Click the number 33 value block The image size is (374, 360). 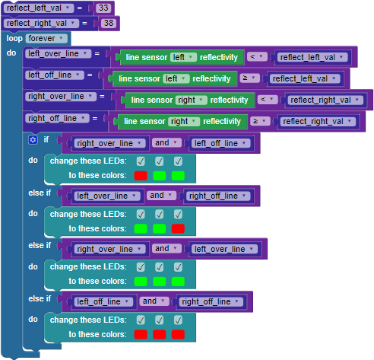tap(103, 8)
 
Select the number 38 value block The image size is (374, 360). tap(109, 23)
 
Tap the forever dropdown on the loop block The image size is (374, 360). tap(46, 38)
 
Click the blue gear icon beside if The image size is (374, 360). tap(33, 140)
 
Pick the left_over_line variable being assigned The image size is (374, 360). tap(58, 53)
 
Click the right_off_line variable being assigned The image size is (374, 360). tap(57, 118)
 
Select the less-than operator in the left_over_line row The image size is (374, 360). tap(257, 57)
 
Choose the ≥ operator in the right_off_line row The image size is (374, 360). tap(260, 121)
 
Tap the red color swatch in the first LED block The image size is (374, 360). tap(141, 176)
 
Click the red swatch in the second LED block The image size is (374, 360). tap(178, 228)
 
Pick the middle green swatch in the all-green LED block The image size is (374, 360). tap(160, 282)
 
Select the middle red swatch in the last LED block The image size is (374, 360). tap(160, 334)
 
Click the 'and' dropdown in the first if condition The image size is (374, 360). tap(166, 142)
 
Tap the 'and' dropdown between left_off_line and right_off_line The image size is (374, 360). tap(154, 301)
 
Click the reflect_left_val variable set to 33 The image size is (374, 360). tap(39, 8)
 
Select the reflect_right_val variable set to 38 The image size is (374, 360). tap(41, 23)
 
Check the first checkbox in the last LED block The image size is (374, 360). tap(141, 320)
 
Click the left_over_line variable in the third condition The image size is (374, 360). tap(224, 249)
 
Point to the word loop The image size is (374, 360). tap(14, 38)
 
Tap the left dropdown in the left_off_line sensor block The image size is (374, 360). tap(176, 78)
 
